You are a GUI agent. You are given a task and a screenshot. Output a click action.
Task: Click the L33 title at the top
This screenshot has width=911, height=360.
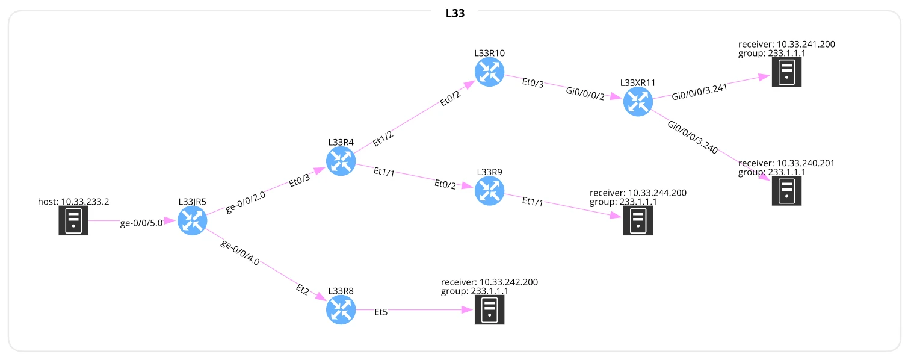455,13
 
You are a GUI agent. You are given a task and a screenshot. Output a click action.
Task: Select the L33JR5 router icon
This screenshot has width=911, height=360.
193,221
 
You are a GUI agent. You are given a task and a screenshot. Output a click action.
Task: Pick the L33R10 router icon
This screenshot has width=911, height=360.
489,72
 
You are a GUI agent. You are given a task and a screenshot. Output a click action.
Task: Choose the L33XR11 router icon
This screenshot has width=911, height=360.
638,102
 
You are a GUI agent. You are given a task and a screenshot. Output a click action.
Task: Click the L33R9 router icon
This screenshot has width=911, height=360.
489,191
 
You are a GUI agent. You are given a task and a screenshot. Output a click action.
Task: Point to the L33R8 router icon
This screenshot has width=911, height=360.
341,310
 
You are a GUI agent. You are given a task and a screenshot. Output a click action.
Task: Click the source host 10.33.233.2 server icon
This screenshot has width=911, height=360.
73,221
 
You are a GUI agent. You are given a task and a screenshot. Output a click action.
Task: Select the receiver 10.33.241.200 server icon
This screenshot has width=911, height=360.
786,72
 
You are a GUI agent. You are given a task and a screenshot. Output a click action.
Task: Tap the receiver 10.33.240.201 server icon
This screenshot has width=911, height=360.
786,191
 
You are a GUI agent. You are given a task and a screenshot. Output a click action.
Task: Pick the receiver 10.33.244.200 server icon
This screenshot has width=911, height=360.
638,221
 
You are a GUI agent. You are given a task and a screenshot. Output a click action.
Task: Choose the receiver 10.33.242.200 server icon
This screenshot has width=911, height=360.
489,310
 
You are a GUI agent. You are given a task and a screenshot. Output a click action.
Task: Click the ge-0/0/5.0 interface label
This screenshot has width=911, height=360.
141,223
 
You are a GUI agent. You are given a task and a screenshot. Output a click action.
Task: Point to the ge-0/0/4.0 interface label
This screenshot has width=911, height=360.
240,253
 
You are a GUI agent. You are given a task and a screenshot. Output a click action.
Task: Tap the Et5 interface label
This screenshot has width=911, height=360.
381,312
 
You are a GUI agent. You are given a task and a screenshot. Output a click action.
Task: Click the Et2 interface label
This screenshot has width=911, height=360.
303,291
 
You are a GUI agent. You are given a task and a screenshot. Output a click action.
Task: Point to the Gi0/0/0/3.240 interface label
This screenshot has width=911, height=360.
693,138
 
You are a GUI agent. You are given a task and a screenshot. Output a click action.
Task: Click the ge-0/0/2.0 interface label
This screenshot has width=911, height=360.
245,200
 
